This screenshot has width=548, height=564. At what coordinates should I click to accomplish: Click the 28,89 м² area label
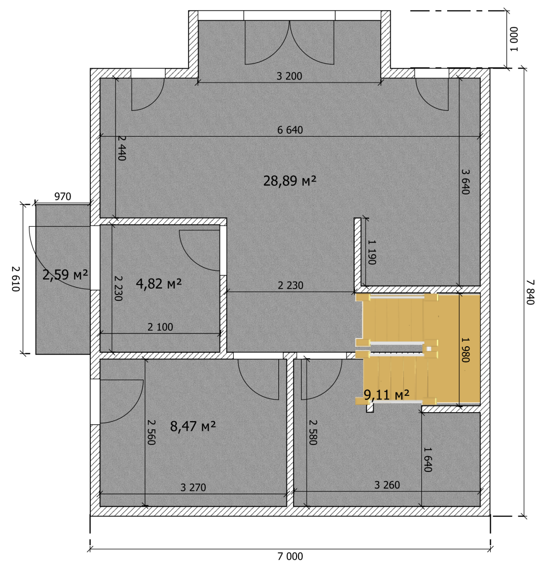pyautogui.click(x=289, y=181)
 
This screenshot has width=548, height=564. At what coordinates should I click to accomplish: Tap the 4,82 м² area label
pyautogui.click(x=159, y=284)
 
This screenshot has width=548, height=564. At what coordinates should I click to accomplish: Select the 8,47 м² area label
pyautogui.click(x=193, y=426)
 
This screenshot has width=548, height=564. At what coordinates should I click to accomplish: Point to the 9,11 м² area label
pyautogui.click(x=386, y=394)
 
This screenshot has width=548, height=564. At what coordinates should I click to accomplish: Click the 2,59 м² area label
pyautogui.click(x=65, y=275)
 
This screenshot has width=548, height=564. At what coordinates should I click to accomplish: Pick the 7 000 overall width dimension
pyautogui.click(x=290, y=556)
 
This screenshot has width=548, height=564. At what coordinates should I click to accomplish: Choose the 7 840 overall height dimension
pyautogui.click(x=530, y=292)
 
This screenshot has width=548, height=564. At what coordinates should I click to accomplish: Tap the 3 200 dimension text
pyautogui.click(x=289, y=76)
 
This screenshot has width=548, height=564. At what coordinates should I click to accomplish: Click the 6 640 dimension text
pyautogui.click(x=290, y=130)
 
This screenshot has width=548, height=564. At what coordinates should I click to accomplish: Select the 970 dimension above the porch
pyautogui.click(x=63, y=197)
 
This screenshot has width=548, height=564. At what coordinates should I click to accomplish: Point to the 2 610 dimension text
pyautogui.click(x=16, y=279)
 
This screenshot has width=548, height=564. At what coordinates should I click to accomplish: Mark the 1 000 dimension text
pyautogui.click(x=514, y=39)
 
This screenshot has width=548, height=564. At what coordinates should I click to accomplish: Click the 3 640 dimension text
pyautogui.click(x=465, y=182)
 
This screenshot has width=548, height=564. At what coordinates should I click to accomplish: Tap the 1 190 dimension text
pyautogui.click(x=372, y=252)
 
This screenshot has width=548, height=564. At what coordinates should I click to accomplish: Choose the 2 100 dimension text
pyautogui.click(x=160, y=327)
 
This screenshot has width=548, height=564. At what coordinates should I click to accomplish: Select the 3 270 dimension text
pyautogui.click(x=193, y=488)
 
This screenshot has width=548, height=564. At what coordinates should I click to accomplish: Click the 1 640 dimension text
pyautogui.click(x=427, y=459)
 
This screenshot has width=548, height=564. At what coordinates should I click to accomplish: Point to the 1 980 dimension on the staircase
pyautogui.click(x=465, y=350)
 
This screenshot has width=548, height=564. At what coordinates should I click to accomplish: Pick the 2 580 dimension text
pyautogui.click(x=313, y=432)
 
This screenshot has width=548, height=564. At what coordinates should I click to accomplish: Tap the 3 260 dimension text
pyautogui.click(x=387, y=485)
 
